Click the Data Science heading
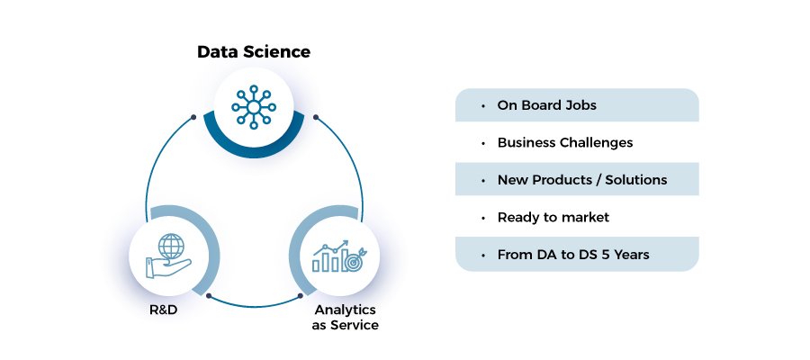click(x=254, y=51)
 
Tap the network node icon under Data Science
click(x=254, y=107)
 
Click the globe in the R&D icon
click(x=171, y=247)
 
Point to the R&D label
click(x=164, y=310)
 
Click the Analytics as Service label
click(x=345, y=317)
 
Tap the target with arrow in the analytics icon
click(x=355, y=260)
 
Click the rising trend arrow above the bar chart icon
click(x=330, y=247)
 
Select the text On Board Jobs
click(x=546, y=105)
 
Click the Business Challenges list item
click(x=565, y=142)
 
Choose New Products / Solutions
click(x=582, y=180)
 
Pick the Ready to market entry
click(x=553, y=218)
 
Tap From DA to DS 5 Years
click(x=573, y=255)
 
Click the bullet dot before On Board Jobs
click(x=483, y=106)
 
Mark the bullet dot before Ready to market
click(x=483, y=218)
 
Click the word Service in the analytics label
click(x=354, y=326)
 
